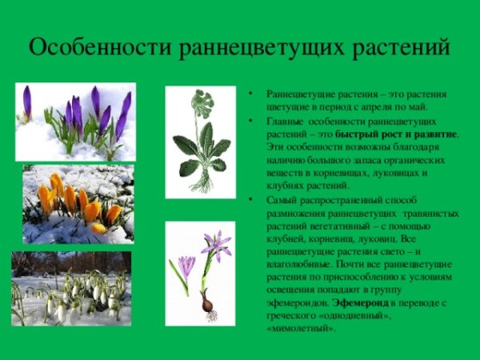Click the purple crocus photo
tap(75, 122)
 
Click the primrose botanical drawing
tap(200, 142)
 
